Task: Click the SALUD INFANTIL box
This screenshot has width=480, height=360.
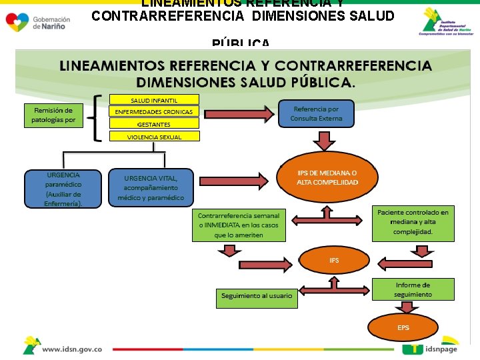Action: (x=154, y=100)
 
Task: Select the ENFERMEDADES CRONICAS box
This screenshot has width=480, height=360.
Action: (x=154, y=112)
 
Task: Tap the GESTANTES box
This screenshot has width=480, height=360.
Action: (x=154, y=124)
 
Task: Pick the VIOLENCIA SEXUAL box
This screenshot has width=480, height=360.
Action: (x=154, y=137)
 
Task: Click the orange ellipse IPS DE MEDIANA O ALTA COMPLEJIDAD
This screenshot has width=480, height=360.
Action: (x=327, y=177)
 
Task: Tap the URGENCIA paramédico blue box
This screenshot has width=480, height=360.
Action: (x=63, y=189)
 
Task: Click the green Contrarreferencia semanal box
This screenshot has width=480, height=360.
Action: (x=239, y=225)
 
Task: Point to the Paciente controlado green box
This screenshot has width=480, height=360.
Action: (x=413, y=223)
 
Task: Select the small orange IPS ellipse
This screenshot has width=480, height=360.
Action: (x=334, y=261)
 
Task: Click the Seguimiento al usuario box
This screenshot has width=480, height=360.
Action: (x=256, y=295)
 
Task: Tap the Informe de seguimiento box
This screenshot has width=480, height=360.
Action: (x=413, y=289)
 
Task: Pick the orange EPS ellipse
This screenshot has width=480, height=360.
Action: (x=403, y=328)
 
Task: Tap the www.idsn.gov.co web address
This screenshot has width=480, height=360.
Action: (x=72, y=349)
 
